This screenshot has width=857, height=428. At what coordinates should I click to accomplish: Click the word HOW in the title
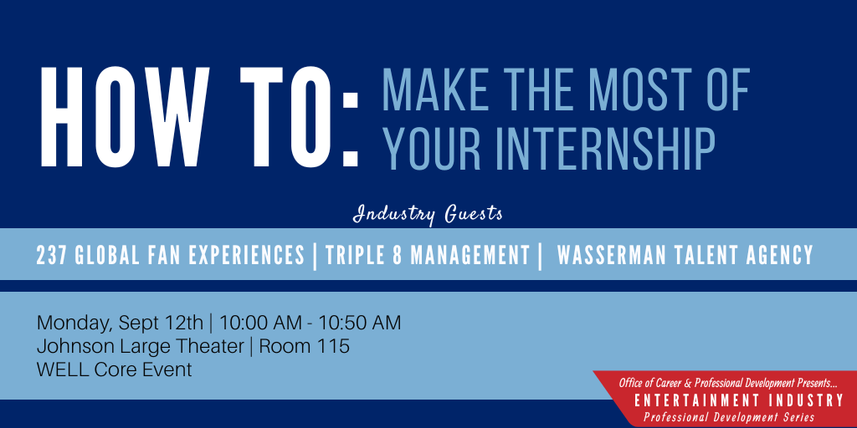[126, 117]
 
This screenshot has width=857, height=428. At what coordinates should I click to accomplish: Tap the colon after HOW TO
[350, 129]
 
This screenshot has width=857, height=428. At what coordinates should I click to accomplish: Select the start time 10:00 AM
[260, 323]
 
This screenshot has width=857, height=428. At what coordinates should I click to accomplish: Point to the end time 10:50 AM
[360, 323]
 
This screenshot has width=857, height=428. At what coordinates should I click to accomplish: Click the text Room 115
[305, 346]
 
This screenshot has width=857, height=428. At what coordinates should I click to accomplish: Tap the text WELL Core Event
[114, 369]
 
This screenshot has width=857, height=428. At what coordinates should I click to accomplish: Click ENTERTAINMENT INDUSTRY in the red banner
[739, 401]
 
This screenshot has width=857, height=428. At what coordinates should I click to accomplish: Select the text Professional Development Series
[729, 418]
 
